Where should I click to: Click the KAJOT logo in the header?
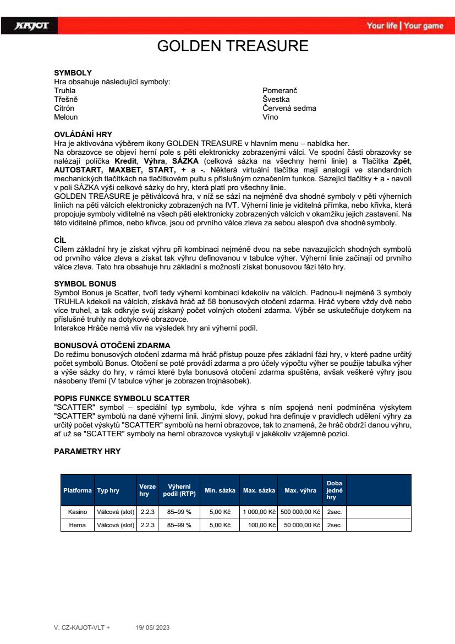(x=32, y=26)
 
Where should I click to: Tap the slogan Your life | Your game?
(x=405, y=26)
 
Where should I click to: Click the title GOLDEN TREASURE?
(x=233, y=46)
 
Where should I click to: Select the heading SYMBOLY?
(x=73, y=73)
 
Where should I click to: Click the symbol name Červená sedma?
(x=289, y=109)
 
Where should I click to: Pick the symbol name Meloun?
(x=66, y=117)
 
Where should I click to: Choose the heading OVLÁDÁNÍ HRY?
(x=83, y=134)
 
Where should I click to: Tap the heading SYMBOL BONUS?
(x=85, y=284)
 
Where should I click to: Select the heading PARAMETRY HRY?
(x=87, y=451)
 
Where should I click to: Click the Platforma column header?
(x=78, y=490)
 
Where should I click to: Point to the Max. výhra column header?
(x=300, y=490)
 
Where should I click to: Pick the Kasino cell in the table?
(x=78, y=512)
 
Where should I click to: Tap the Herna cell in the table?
(x=78, y=525)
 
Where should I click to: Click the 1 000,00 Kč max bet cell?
(x=259, y=512)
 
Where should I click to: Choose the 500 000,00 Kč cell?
(x=300, y=512)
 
